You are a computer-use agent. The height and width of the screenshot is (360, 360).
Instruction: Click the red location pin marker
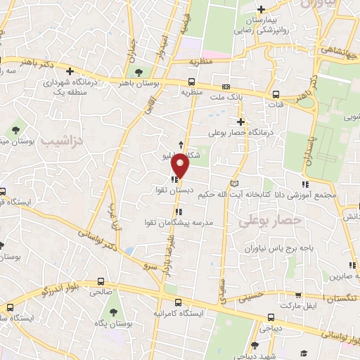181,165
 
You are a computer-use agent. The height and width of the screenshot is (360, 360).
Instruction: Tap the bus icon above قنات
276,94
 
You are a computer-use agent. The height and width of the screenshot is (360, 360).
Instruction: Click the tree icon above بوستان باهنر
139,72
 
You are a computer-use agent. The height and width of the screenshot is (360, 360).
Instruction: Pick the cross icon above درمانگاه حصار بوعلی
240,122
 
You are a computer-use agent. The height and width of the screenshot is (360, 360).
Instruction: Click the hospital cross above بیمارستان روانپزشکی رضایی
261,10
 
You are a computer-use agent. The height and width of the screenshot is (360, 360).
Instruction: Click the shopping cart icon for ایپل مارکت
300,297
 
